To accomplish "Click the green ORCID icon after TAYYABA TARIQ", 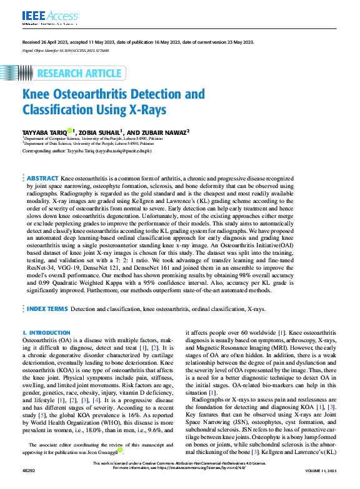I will [71, 131].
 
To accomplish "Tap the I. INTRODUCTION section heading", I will [42, 333].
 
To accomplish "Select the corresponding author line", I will [87, 151].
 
